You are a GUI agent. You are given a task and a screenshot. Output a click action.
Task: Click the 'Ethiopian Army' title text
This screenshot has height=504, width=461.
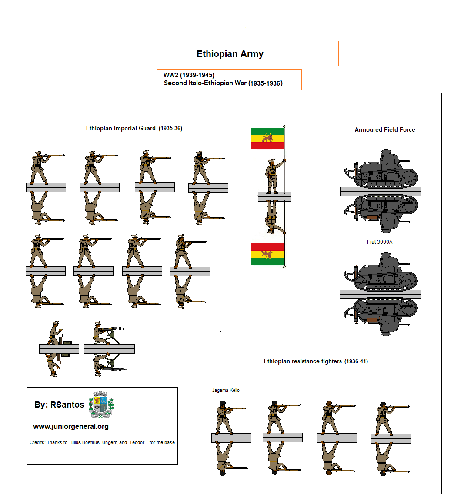coord(230,54)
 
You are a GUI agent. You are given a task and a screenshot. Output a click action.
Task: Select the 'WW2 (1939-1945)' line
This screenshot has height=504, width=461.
coord(189,75)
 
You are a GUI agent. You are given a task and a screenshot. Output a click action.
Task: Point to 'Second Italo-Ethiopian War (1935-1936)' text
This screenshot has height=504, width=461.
coord(223,83)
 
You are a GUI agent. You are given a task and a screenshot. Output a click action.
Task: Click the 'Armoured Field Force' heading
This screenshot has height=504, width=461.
coord(384,129)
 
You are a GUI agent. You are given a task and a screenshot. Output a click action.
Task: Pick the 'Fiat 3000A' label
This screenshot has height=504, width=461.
coord(379,242)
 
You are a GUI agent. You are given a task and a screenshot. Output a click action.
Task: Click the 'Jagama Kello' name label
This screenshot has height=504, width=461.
coord(226,390)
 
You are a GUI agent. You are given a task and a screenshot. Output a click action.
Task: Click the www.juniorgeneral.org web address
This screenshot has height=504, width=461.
coord(71,427)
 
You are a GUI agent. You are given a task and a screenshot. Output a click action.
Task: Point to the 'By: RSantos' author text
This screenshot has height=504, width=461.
coord(59,405)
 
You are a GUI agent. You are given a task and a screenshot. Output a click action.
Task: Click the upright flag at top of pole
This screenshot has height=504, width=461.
coord(267,139)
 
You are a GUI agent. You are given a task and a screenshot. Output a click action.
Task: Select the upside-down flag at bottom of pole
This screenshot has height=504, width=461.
coord(267,254)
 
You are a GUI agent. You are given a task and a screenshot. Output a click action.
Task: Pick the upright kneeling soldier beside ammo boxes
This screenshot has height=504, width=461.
coord(54,333)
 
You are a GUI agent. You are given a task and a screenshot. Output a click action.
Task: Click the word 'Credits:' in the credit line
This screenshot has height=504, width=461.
coord(37,442)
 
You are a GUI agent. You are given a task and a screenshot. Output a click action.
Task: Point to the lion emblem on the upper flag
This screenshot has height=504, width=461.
coord(267,139)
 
